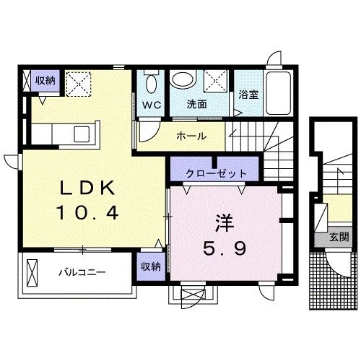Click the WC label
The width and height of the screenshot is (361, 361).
point(151,104)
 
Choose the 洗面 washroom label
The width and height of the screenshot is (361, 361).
point(197,104)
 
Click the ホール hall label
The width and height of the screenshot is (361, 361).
point(191,136)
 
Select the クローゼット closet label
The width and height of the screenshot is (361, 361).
point(216,173)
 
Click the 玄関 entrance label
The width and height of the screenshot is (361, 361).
point(339,237)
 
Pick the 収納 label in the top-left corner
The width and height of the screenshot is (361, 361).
point(45,81)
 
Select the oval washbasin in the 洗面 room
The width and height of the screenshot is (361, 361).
point(184,80)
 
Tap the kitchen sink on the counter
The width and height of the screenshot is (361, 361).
point(82,134)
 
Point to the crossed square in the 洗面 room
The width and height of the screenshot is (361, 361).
point(214,80)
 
